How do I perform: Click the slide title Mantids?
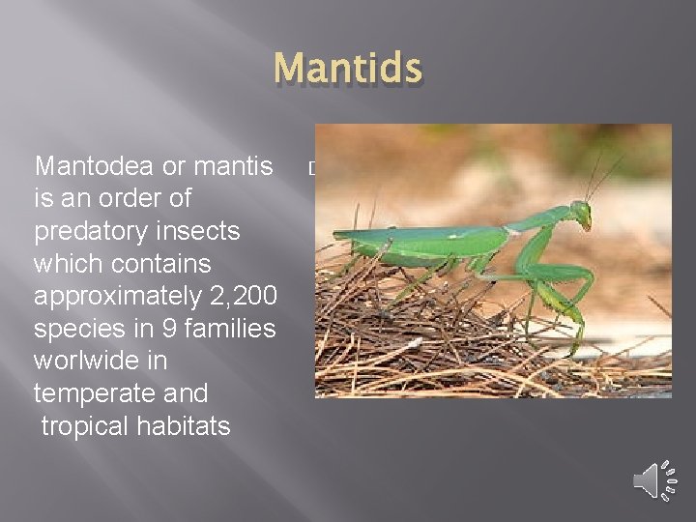tap(348, 70)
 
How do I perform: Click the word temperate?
tap(93, 393)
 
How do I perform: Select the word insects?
tap(201, 232)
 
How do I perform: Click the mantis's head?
tap(581, 214)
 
